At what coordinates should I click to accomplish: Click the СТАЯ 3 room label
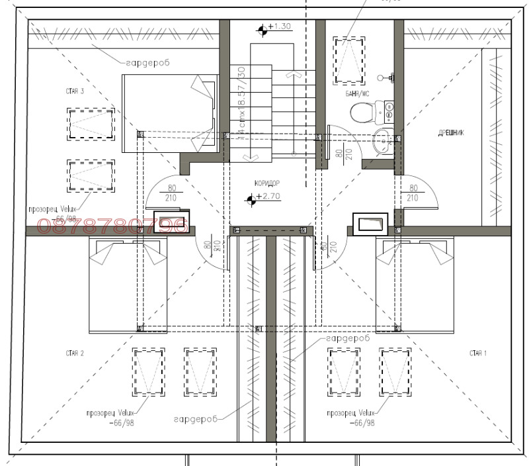74,91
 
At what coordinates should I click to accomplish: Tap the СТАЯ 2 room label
74,353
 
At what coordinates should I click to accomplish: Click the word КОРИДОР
266,183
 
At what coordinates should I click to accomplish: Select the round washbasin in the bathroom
382,140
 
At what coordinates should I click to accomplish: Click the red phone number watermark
113,226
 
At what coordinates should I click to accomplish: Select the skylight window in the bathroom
348,60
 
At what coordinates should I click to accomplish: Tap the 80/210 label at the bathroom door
342,156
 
